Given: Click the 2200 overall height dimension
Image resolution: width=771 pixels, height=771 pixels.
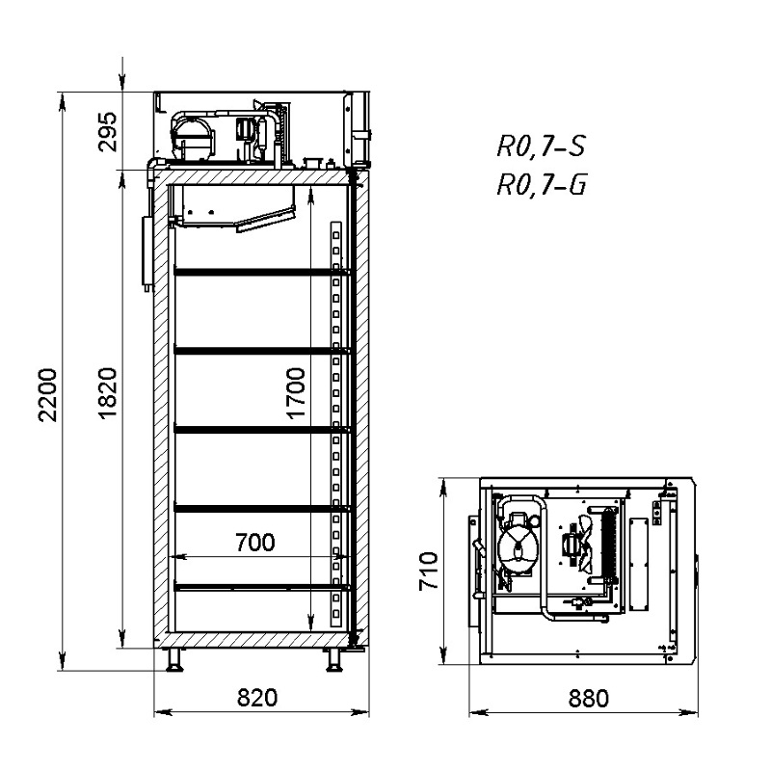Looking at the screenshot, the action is point(48,394).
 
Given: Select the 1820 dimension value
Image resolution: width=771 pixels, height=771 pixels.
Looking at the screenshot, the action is point(108,393).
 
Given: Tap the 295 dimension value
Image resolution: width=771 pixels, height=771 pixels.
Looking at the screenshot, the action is point(108,132).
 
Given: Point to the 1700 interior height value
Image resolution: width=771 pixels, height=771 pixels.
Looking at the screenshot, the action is point(296,393).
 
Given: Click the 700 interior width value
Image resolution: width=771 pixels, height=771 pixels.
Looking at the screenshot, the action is point(255,543).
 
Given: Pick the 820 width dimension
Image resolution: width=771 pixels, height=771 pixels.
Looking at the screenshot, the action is point(257,698).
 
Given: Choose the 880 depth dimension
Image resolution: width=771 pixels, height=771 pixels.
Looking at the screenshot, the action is point(589,698).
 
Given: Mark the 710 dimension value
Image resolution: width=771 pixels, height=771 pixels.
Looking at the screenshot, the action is point(428,571).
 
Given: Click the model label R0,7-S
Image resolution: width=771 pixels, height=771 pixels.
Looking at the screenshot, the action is point(541,146).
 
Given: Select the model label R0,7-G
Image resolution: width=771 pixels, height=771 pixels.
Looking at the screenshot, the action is point(542,185).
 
